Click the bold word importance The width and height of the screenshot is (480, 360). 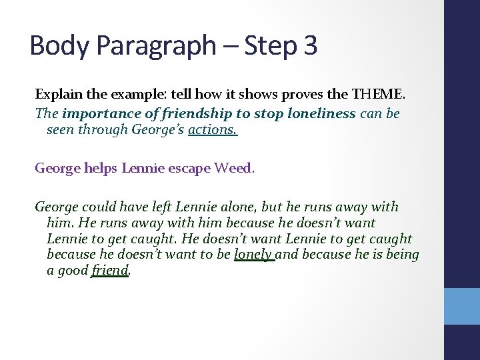click(x=95, y=113)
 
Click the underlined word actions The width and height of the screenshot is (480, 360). click(x=213, y=129)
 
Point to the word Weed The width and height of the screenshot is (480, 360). click(x=233, y=168)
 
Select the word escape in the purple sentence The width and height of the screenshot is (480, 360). click(x=189, y=168)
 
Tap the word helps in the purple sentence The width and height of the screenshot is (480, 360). click(x=102, y=168)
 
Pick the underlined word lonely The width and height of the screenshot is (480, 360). click(x=253, y=255)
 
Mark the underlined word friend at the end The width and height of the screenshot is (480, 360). click(x=109, y=271)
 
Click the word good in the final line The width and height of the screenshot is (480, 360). click(x=73, y=271)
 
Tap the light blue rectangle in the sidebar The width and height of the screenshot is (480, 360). click(x=461, y=305)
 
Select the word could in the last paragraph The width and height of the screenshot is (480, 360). click(x=99, y=207)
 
